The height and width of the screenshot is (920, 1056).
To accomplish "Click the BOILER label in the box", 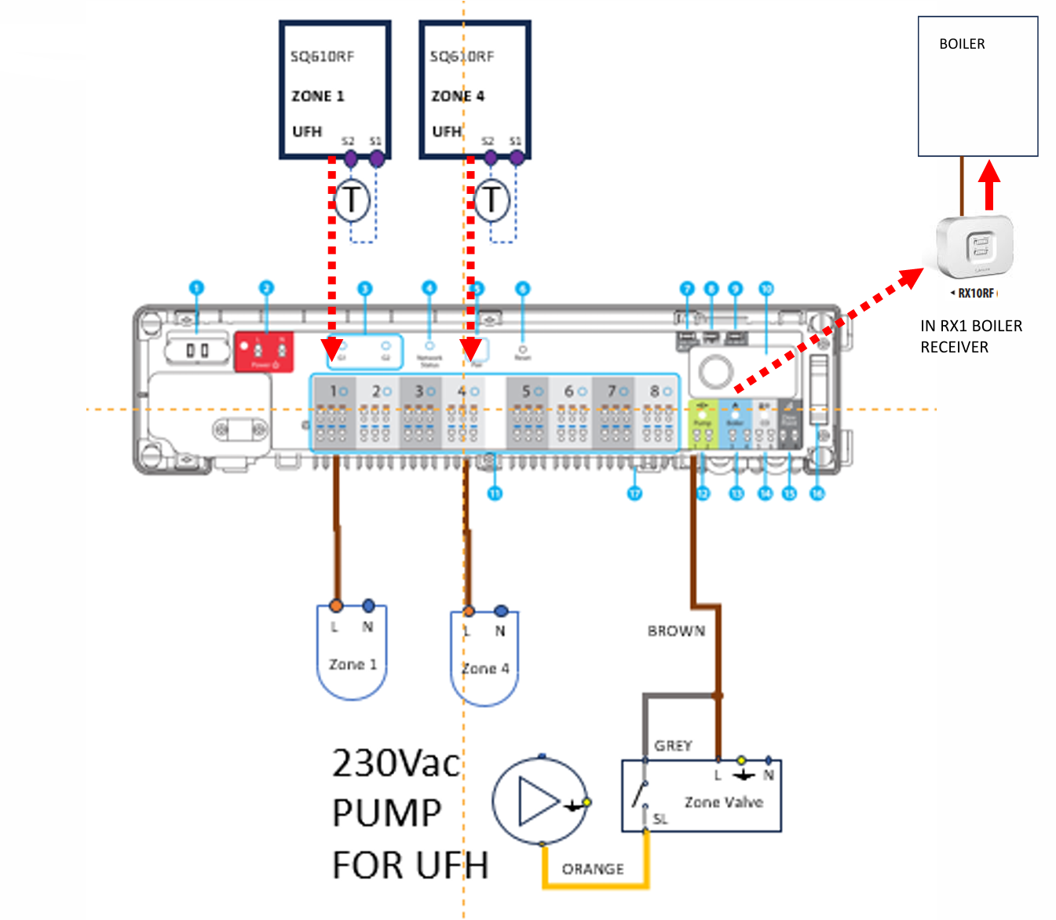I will tap(962, 44).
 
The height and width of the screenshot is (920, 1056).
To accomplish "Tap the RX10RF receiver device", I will tap(977, 246).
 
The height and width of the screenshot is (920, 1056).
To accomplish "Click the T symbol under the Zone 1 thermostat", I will tap(352, 199).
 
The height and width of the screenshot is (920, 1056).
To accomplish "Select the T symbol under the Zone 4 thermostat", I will tap(491, 199).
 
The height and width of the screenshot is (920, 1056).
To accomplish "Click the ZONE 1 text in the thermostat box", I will tap(318, 96).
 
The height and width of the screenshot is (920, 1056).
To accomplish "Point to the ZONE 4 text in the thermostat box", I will tap(458, 96).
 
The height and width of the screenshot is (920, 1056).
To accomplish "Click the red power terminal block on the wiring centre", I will tap(265, 351).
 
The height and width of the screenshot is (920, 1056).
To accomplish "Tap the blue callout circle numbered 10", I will tap(766, 289).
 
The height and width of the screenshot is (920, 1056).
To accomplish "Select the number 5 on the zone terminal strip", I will tap(526, 391).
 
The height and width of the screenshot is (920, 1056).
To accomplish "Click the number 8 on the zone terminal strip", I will tap(655, 391).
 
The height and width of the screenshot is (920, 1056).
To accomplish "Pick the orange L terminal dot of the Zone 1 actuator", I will tap(336, 605).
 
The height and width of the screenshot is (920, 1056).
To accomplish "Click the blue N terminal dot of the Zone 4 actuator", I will tap(501, 611).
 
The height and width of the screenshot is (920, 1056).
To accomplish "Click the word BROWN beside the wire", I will tap(676, 631).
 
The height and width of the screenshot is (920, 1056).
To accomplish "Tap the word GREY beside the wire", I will tap(673, 746).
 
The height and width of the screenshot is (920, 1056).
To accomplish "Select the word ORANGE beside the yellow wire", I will tap(593, 869).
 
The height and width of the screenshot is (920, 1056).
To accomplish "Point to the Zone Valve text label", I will tap(723, 802).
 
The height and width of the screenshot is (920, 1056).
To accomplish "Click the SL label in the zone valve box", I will tap(660, 819).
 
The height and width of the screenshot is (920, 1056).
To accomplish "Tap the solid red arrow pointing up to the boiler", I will tap(989, 184).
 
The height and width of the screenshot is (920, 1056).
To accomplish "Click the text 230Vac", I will tap(396, 763).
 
